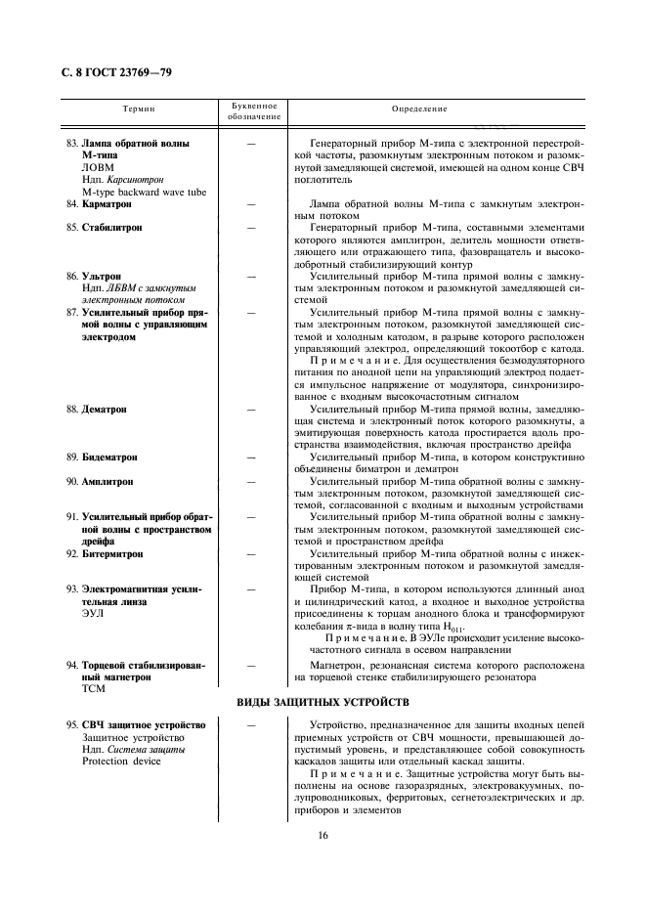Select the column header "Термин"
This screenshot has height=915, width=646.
(140, 109)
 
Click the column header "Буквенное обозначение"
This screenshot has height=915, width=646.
(253, 110)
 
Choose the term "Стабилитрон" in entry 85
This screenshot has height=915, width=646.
(111, 227)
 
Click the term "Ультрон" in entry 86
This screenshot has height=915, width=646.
(102, 277)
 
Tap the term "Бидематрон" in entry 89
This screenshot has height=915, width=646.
(109, 457)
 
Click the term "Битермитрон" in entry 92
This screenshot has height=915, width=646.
(112, 553)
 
